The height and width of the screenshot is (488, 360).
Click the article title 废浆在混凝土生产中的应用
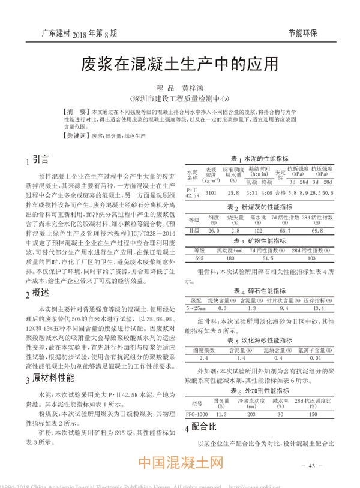click(x=179, y=64)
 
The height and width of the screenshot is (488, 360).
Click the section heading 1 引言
click(x=37, y=161)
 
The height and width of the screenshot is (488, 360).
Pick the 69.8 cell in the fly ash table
click(x=317, y=230)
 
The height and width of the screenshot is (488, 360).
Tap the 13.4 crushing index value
click(x=319, y=308)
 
